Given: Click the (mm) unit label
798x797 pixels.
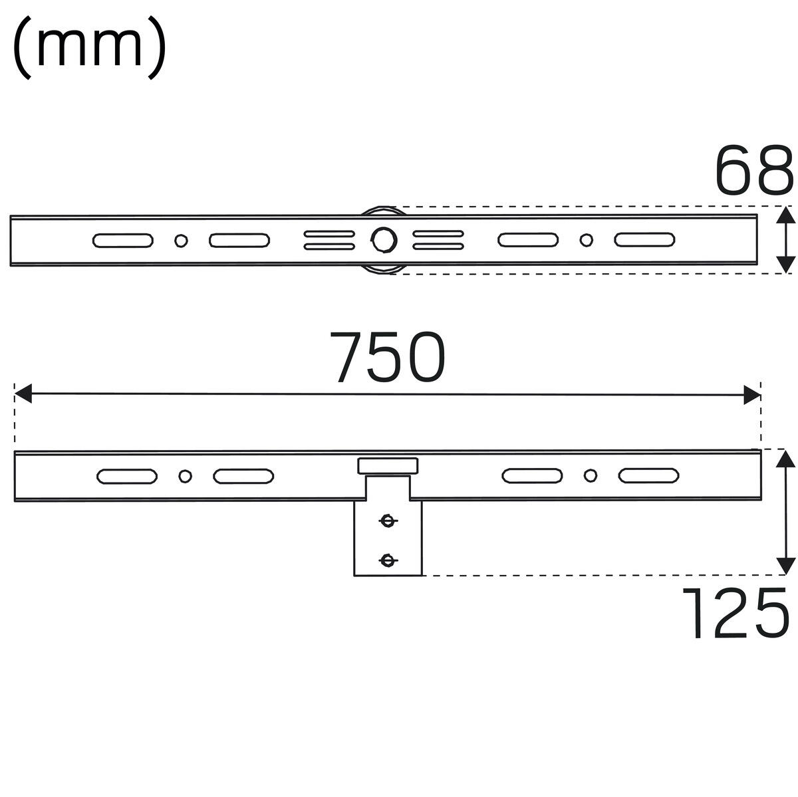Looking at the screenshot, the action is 89,47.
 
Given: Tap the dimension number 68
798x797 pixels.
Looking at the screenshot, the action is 753,170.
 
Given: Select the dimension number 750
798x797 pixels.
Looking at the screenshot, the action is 388,357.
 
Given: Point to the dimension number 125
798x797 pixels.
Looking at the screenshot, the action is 735,613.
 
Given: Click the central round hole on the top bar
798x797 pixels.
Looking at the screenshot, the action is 384,240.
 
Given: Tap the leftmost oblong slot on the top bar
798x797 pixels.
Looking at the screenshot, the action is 122,241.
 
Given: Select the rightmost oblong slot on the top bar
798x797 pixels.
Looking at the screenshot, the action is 644,240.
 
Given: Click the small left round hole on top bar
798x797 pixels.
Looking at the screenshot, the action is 181,241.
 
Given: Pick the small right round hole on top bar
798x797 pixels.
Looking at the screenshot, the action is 586,240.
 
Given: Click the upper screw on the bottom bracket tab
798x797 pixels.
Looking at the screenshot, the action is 388,521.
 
